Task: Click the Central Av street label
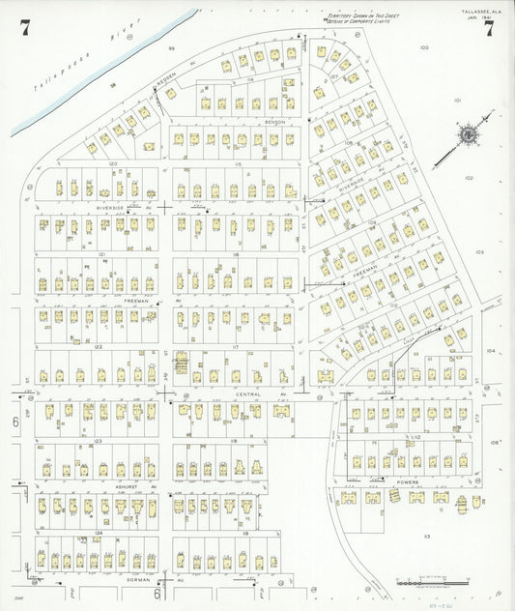coord(249,394)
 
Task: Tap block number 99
coord(171,47)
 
